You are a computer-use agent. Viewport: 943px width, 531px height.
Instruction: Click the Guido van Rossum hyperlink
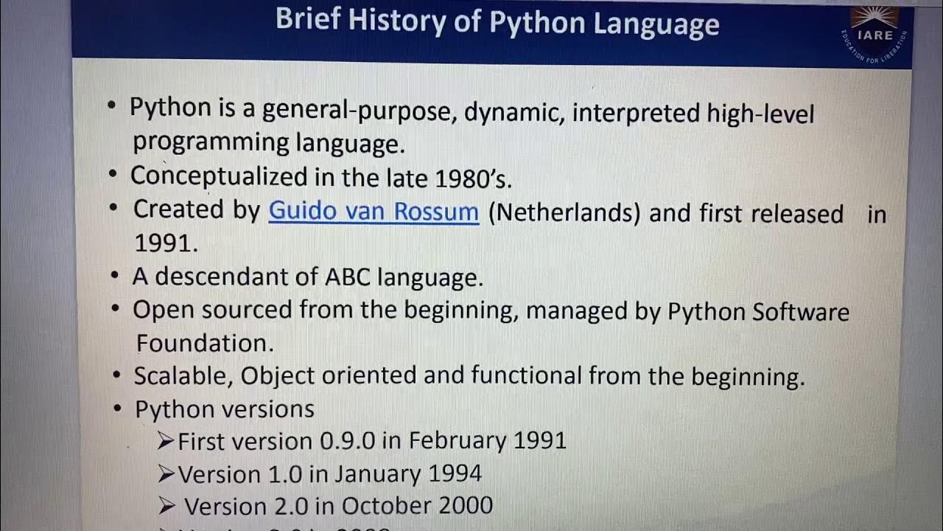click(374, 212)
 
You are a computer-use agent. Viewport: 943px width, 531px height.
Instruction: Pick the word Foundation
click(204, 343)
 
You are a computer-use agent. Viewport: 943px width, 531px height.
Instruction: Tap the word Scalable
click(183, 376)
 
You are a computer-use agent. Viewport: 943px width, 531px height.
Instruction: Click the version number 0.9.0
click(347, 441)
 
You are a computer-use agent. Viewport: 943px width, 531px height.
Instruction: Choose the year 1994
click(451, 473)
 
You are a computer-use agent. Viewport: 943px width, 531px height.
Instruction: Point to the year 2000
click(463, 506)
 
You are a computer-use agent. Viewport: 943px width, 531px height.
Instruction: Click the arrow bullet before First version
click(166, 441)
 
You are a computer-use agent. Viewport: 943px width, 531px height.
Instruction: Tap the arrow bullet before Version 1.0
click(166, 473)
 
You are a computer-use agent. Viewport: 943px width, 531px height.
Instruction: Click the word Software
click(801, 311)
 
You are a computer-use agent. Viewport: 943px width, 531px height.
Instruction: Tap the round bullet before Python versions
click(117, 408)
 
